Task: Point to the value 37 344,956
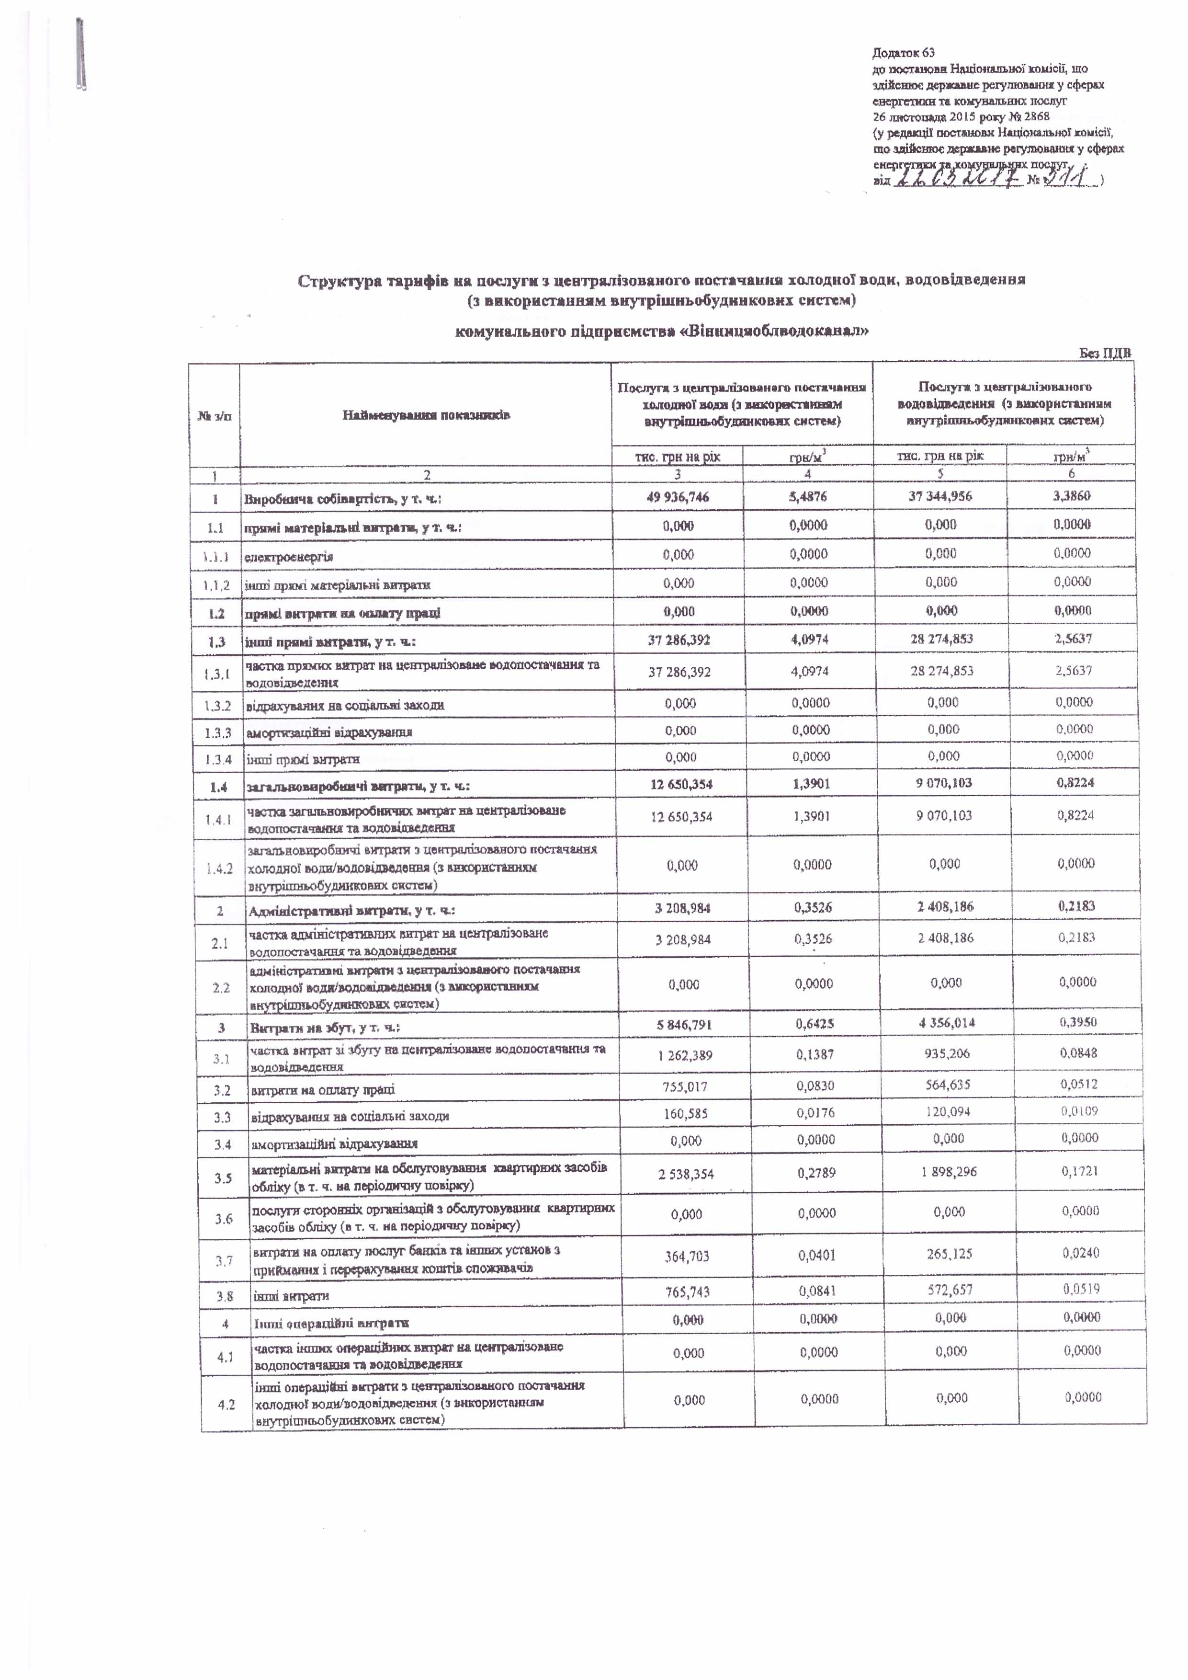click(x=940, y=496)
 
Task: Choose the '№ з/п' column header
click(x=215, y=416)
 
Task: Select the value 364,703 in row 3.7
click(x=687, y=1257)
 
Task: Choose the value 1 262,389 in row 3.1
click(x=685, y=1056)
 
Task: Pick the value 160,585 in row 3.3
click(x=685, y=1114)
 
